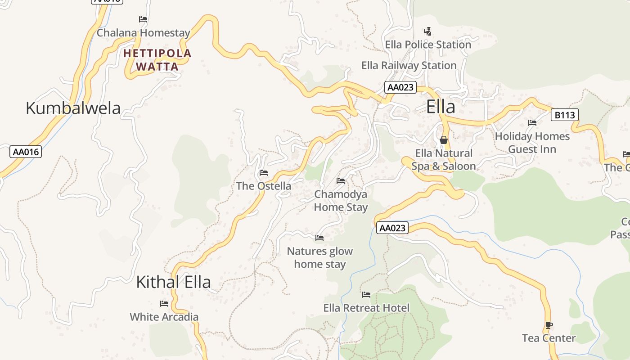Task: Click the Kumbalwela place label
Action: tap(73, 108)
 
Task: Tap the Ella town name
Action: tap(441, 107)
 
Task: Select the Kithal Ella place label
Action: tap(173, 282)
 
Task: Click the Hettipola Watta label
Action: tap(157, 60)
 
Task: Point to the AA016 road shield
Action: tap(26, 152)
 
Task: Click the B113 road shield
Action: tap(564, 115)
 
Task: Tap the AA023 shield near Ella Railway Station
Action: tap(400, 87)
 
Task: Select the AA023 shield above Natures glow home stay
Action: tap(392, 228)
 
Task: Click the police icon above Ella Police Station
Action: tap(428, 31)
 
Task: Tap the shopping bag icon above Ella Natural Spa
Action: tap(444, 140)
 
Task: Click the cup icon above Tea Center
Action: tap(549, 325)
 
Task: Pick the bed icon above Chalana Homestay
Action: tap(143, 19)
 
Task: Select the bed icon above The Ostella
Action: tap(264, 173)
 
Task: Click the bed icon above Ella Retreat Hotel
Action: tap(366, 295)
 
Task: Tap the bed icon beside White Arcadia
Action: tap(164, 304)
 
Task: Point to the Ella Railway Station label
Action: tap(409, 66)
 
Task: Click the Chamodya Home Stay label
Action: tap(341, 201)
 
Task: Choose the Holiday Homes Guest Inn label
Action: tap(532, 143)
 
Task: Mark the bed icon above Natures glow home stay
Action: tap(319, 238)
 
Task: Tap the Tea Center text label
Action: tap(549, 338)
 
